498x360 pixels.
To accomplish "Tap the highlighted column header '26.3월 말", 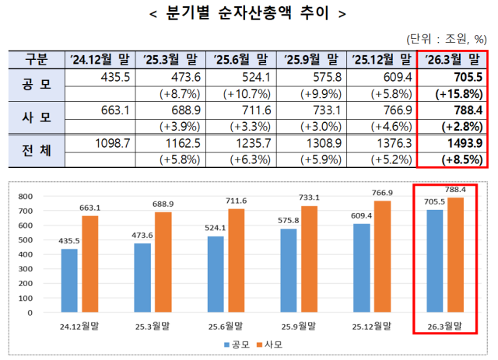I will [x=451, y=59].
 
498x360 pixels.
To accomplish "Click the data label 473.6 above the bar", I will [x=142, y=234].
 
